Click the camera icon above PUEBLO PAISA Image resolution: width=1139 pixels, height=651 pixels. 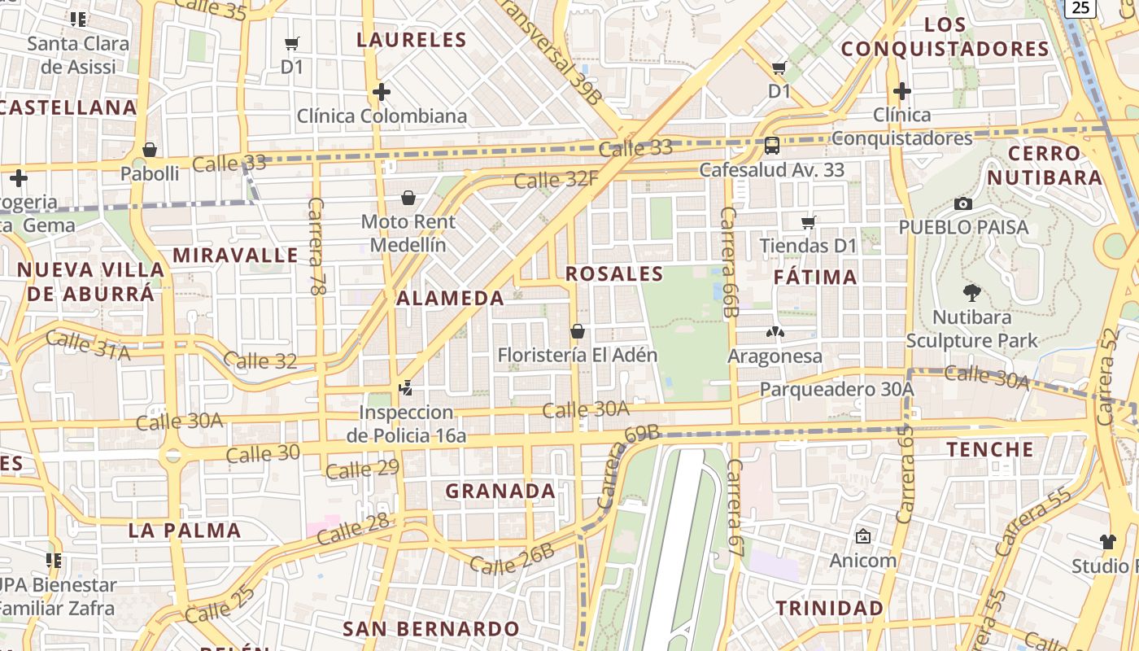[x=963, y=203]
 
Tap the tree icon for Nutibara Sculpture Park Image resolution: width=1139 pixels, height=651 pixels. [x=971, y=293]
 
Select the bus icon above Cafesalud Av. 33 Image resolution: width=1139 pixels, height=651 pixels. [x=771, y=146]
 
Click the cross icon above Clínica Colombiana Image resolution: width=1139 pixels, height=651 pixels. [x=381, y=92]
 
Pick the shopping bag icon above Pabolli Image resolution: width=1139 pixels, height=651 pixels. [x=150, y=150]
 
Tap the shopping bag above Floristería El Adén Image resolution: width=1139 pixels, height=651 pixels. [x=577, y=331]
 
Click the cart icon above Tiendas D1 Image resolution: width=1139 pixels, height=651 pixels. [x=808, y=222]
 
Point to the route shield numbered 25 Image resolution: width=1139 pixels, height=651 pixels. [x=1080, y=7]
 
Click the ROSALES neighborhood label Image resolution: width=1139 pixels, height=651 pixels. [x=614, y=274]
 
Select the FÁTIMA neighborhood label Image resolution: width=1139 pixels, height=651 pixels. [x=815, y=277]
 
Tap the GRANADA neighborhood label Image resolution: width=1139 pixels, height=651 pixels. [x=500, y=491]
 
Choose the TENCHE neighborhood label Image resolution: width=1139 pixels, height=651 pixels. [x=989, y=449]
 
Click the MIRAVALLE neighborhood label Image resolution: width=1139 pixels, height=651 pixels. [x=235, y=256]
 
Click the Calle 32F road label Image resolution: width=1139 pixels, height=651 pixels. [x=556, y=179]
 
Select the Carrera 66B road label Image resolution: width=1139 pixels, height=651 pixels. [x=728, y=261]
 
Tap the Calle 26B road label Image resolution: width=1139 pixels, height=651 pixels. [x=512, y=559]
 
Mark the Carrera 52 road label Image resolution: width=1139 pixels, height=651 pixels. [x=1107, y=376]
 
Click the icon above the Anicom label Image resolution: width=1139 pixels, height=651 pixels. [x=862, y=537]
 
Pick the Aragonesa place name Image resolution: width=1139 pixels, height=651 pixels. [x=775, y=356]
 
